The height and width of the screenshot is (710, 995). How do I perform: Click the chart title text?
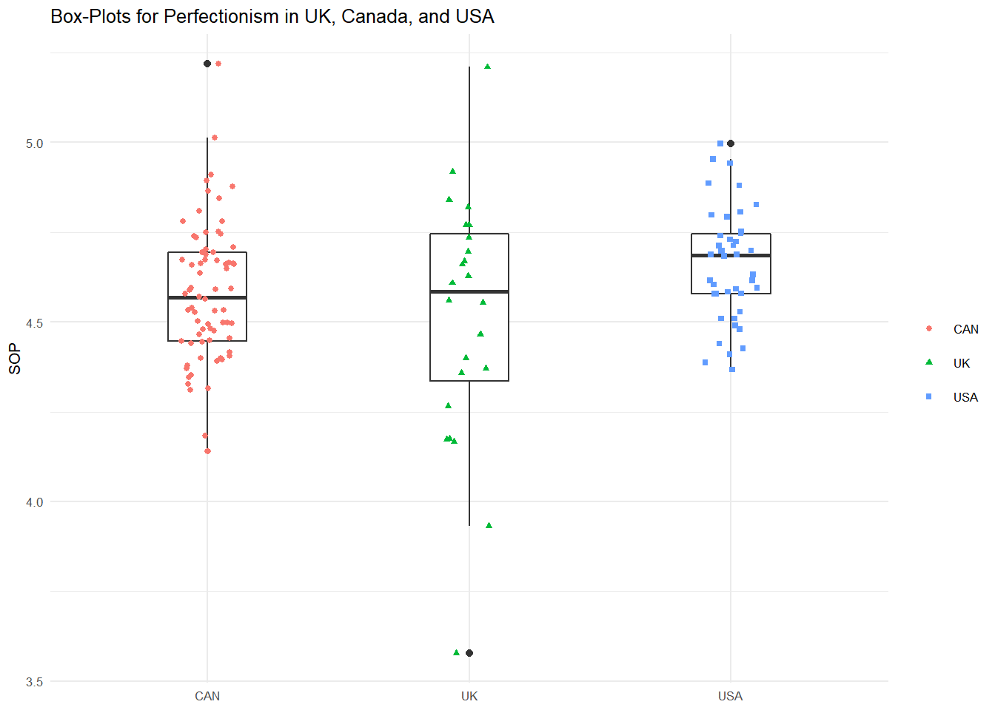272,16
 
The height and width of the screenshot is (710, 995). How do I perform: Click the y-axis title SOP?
15,359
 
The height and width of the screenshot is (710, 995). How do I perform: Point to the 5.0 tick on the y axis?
35,143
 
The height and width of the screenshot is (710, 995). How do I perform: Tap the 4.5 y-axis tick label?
35,323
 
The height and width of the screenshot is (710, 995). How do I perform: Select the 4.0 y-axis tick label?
35,502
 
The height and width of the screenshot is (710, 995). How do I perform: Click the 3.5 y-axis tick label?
35,682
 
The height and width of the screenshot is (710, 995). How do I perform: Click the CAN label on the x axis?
207,696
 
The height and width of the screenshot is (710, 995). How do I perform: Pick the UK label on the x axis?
469,696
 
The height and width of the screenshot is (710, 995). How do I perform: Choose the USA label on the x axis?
730,696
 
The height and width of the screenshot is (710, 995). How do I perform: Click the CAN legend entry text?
965,329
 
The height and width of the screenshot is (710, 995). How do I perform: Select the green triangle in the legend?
929,362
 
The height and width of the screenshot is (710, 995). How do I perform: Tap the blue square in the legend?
929,397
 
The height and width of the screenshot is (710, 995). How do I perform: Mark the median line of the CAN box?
207,297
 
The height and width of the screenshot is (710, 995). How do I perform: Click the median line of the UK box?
469,291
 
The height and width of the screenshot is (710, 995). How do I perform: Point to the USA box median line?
731,255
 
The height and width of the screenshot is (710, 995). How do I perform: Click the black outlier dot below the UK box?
469,653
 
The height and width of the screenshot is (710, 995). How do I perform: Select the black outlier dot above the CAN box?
207,64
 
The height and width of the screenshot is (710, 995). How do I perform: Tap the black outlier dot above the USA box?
731,143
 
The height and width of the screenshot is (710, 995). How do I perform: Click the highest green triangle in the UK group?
488,67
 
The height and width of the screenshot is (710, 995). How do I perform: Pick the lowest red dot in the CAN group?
207,451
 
